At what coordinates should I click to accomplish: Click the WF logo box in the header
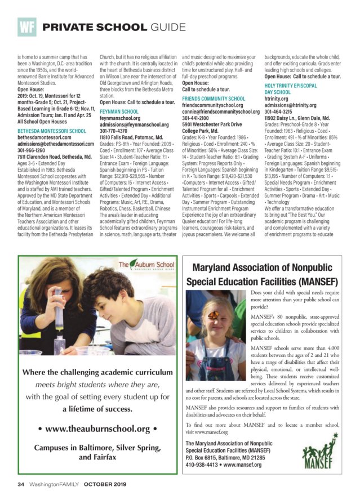click(x=26, y=26)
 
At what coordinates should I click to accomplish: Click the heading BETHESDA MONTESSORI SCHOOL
click(x=52, y=131)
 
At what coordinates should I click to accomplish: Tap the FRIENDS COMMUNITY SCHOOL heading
click(x=214, y=99)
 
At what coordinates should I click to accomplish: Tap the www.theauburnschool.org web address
click(x=99, y=430)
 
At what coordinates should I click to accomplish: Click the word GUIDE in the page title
click(x=167, y=27)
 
